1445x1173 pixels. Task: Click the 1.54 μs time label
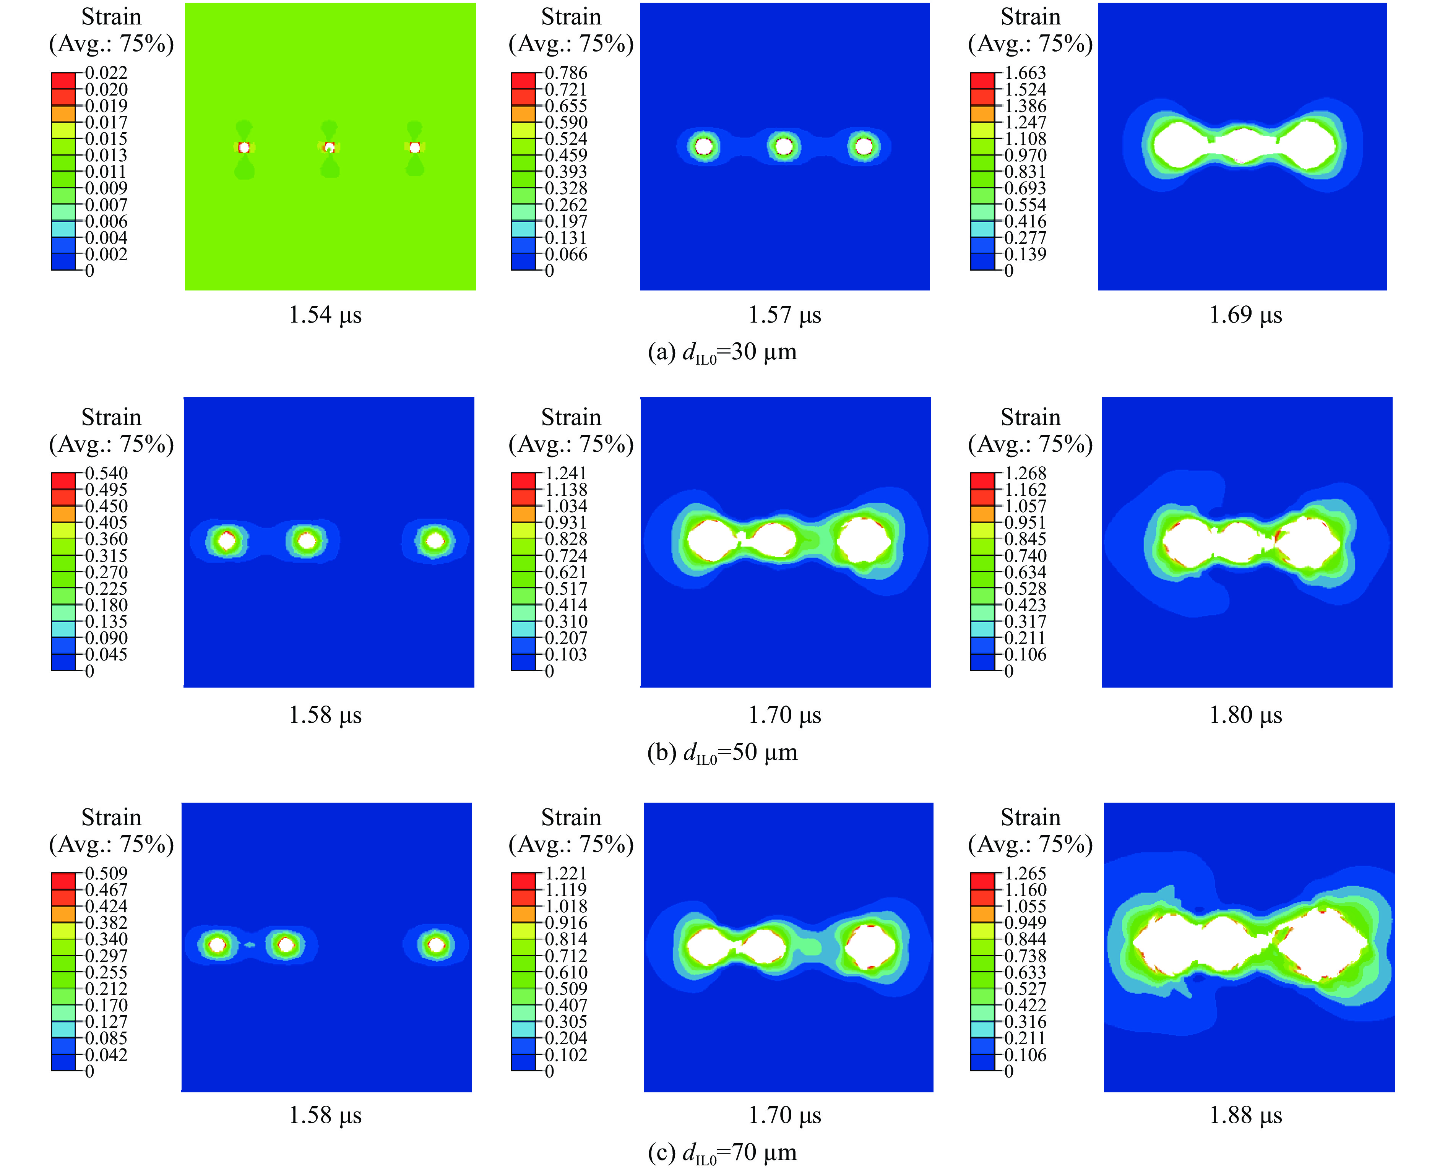pyautogui.click(x=325, y=315)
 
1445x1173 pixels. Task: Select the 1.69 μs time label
pyautogui.click(x=1245, y=315)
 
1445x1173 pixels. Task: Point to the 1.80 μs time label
pyautogui.click(x=1245, y=715)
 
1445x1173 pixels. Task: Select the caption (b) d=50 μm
pyautogui.click(x=722, y=753)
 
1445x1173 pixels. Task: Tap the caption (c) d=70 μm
pyautogui.click(x=722, y=1153)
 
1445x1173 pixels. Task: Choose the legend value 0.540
pyautogui.click(x=106, y=473)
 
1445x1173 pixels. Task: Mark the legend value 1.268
pyautogui.click(x=1025, y=473)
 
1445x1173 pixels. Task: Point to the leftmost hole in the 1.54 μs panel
pyautogui.click(x=244, y=147)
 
